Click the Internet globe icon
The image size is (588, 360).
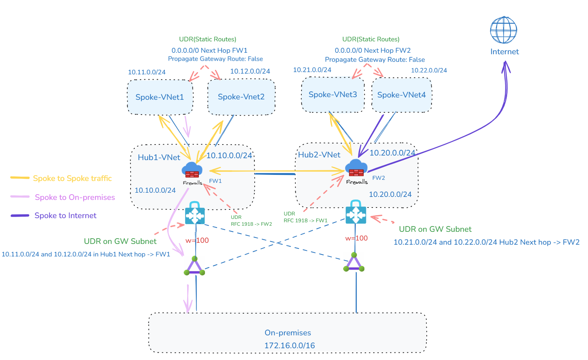pyautogui.click(x=503, y=30)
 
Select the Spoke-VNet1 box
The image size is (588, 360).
pyautogui.click(x=160, y=97)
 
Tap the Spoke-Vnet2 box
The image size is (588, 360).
pyautogui.click(x=241, y=97)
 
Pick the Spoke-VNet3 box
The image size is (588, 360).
pyautogui.click(x=333, y=94)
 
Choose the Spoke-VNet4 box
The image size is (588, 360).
pyautogui.click(x=401, y=95)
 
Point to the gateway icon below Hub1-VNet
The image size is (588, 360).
pyautogui.click(x=195, y=214)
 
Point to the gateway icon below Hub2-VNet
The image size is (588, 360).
pyautogui.click(x=356, y=213)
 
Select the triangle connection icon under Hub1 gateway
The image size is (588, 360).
pyautogui.click(x=194, y=266)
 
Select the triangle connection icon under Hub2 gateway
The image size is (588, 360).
pyautogui.click(x=354, y=263)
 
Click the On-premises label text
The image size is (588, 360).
pyautogui.click(x=288, y=333)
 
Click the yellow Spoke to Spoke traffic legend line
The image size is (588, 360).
pyautogui.click(x=20, y=178)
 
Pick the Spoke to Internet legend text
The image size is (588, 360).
pyautogui.click(x=65, y=215)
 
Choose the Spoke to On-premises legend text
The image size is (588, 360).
pyautogui.click(x=75, y=197)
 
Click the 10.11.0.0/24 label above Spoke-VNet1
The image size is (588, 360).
pyautogui.click(x=147, y=72)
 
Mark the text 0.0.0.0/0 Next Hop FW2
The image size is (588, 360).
pyautogui.click(x=372, y=50)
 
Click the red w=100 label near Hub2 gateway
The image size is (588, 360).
pyautogui.click(x=356, y=238)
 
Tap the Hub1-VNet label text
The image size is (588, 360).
pyautogui.click(x=159, y=157)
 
